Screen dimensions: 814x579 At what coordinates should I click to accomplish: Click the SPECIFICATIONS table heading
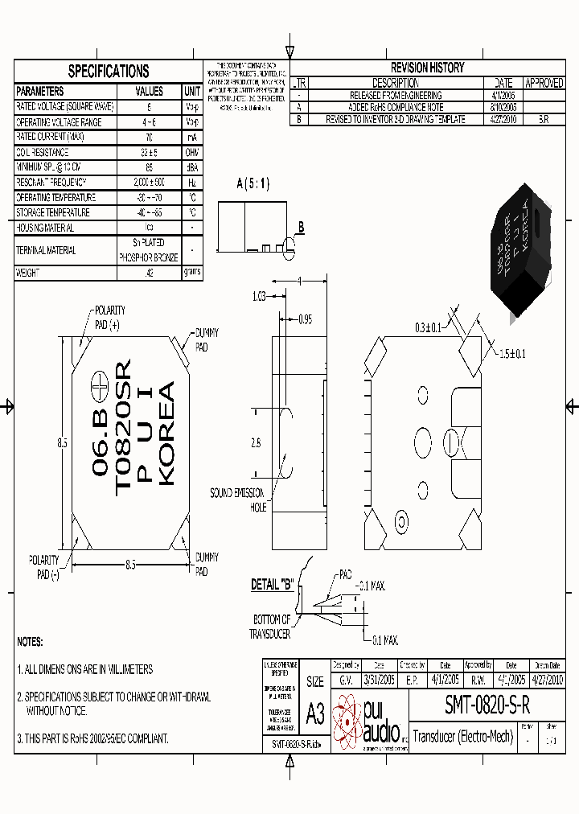(108, 72)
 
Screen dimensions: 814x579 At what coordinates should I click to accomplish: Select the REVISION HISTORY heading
(427, 68)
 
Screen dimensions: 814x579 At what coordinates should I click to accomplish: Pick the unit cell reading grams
(192, 273)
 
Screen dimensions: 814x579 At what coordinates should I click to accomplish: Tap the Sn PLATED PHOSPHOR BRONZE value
(149, 250)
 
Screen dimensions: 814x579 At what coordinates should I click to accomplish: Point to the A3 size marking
(314, 713)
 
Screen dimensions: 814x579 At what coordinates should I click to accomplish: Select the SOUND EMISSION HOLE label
(238, 499)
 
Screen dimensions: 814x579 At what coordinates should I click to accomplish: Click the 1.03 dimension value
(258, 296)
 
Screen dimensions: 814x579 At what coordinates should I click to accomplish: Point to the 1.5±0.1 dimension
(511, 354)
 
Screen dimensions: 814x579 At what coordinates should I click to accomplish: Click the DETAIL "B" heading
(273, 585)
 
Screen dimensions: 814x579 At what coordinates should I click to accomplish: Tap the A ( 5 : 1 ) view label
(253, 184)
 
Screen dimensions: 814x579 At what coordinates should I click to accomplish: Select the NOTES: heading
(29, 643)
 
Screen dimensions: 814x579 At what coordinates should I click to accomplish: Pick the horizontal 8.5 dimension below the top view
(129, 565)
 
